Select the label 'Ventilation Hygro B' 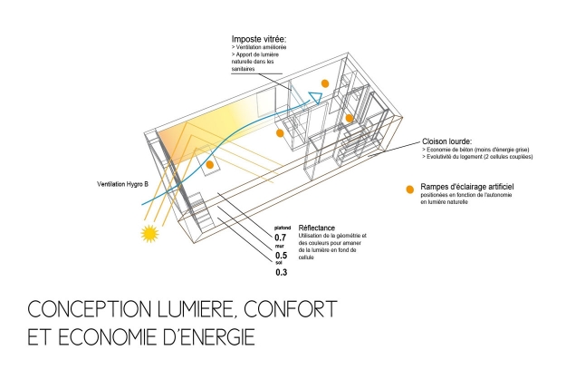pos(121,185)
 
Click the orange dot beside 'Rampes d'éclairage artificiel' pos(410,189)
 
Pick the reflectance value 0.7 pos(281,238)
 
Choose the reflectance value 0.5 pos(281,256)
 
